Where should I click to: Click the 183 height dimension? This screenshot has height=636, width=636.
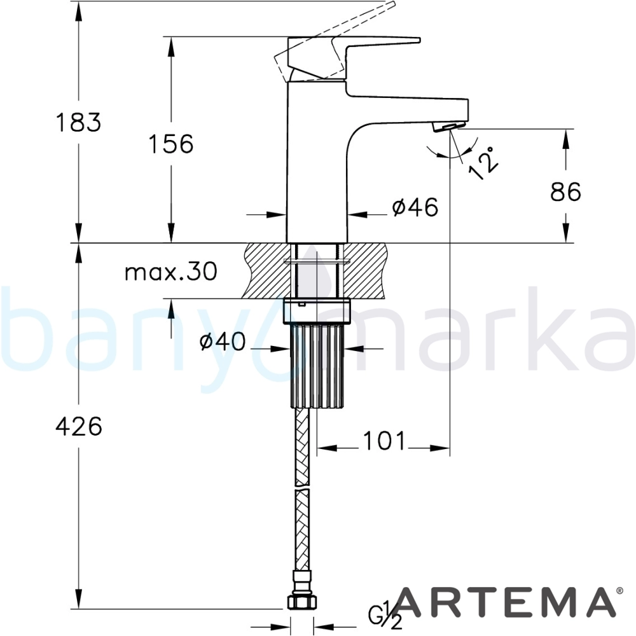tap(78, 122)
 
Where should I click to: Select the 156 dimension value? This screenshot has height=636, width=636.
tap(171, 144)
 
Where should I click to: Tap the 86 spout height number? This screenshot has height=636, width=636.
tap(565, 191)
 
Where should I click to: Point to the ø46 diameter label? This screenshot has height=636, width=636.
tap(415, 207)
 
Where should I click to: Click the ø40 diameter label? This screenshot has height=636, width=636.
tap(223, 342)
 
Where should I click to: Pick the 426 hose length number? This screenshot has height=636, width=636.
tap(78, 427)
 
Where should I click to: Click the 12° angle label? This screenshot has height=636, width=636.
tap(483, 162)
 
